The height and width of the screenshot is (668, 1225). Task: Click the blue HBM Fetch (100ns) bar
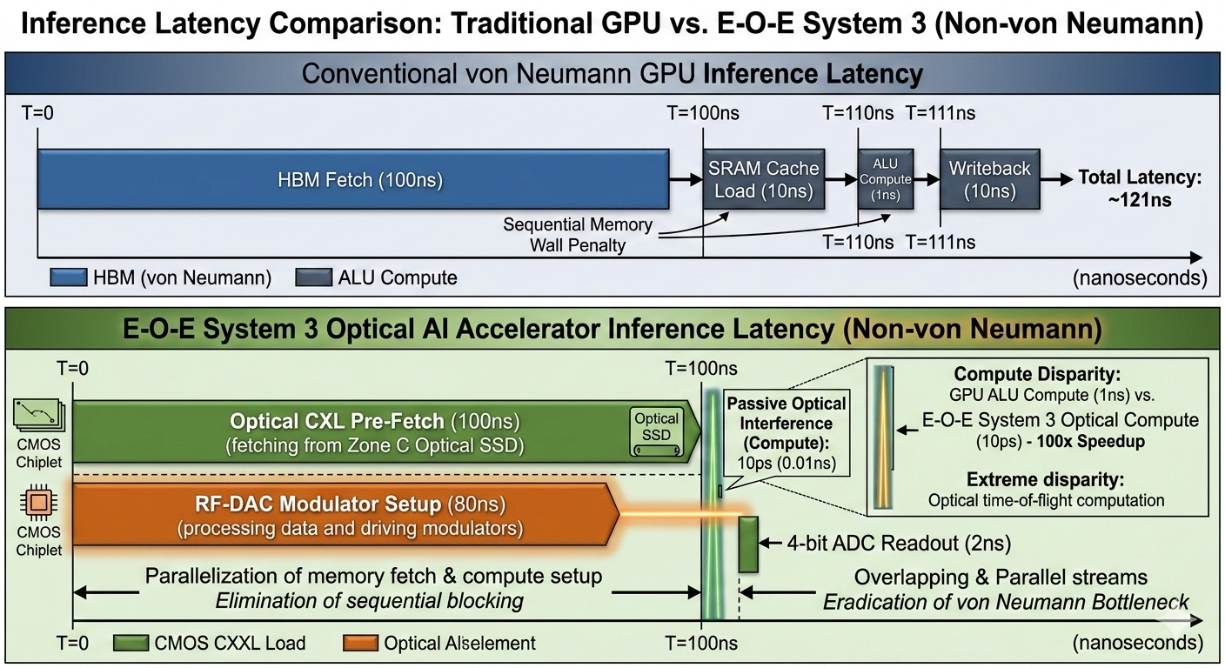click(352, 180)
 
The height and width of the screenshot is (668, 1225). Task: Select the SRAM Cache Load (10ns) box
click(763, 179)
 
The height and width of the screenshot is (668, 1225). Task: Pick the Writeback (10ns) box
click(989, 179)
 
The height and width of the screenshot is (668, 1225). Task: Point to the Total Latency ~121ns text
click(1139, 188)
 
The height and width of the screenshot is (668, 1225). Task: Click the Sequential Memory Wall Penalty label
click(578, 235)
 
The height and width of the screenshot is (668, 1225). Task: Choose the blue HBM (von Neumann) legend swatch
click(69, 277)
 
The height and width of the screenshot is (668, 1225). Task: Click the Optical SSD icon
click(657, 430)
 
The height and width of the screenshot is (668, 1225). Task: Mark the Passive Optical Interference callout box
click(786, 433)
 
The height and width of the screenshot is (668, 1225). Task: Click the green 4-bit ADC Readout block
click(748, 544)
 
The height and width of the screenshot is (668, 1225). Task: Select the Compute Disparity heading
click(1024, 374)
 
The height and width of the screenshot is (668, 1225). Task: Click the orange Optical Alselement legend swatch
click(360, 643)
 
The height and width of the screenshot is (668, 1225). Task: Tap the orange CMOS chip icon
click(38, 504)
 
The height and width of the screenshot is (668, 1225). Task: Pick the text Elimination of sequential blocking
click(370, 600)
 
